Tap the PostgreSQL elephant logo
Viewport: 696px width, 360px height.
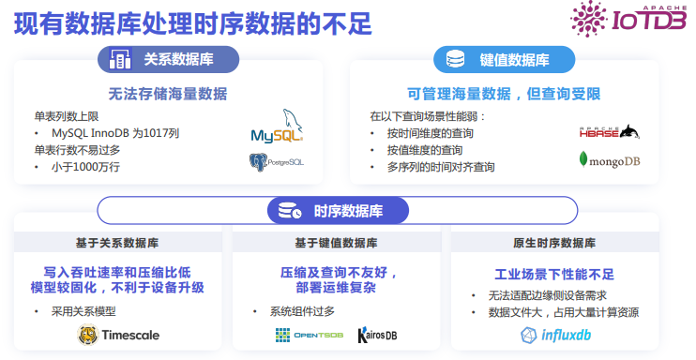point(276,162)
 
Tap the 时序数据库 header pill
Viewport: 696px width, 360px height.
point(327,211)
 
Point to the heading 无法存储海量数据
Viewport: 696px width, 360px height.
point(168,94)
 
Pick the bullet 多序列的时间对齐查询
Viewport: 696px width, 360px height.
point(441,167)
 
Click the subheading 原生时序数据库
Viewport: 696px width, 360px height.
point(553,244)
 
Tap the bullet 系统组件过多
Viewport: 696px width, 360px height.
point(302,311)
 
